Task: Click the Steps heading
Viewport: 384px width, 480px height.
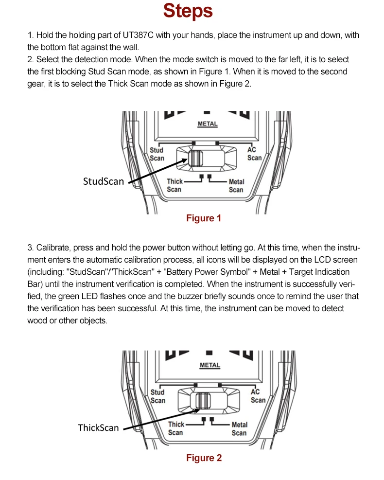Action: pyautogui.click(x=188, y=11)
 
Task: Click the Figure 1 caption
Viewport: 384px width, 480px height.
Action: pyautogui.click(x=204, y=218)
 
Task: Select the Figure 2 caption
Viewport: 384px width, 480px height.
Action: pyautogui.click(x=204, y=458)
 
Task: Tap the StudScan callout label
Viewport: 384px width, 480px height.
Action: pyautogui.click(x=104, y=182)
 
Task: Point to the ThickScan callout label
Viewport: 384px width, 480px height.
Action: pyautogui.click(x=98, y=427)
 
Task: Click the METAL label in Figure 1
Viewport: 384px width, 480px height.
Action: pyautogui.click(x=208, y=124)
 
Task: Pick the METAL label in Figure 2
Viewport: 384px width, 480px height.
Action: pyautogui.click(x=209, y=365)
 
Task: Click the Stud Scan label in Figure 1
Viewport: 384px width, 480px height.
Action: pyautogui.click(x=157, y=154)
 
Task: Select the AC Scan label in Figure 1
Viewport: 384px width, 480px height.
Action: pyautogui.click(x=254, y=154)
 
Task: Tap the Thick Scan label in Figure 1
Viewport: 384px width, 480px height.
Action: pyautogui.click(x=175, y=185)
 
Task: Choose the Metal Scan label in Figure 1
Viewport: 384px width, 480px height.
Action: pyautogui.click(x=236, y=186)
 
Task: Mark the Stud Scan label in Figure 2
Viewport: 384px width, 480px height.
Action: pyautogui.click(x=157, y=396)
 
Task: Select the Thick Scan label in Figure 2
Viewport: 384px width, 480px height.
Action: pyautogui.click(x=176, y=428)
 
